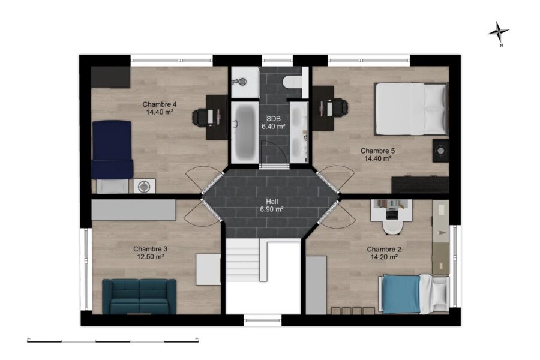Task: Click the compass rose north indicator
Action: pyautogui.click(x=499, y=33)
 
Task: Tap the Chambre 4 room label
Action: pyautogui.click(x=160, y=104)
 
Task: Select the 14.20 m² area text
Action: pyautogui.click(x=385, y=257)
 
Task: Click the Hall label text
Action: pyautogui.click(x=272, y=202)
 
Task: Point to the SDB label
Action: pyautogui.click(x=274, y=119)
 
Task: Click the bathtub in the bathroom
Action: pyautogui.click(x=244, y=131)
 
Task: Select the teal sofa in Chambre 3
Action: pyautogui.click(x=139, y=296)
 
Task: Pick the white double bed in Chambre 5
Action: pyautogui.click(x=412, y=109)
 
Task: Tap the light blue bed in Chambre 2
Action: pyautogui.click(x=413, y=294)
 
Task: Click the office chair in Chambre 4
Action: pyautogui.click(x=200, y=117)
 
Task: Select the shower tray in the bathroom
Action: pyautogui.click(x=245, y=82)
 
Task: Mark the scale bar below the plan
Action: pyautogui.click(x=113, y=341)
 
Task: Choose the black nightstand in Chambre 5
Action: pyautogui.click(x=441, y=150)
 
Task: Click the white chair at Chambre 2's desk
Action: pyautogui.click(x=392, y=227)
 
